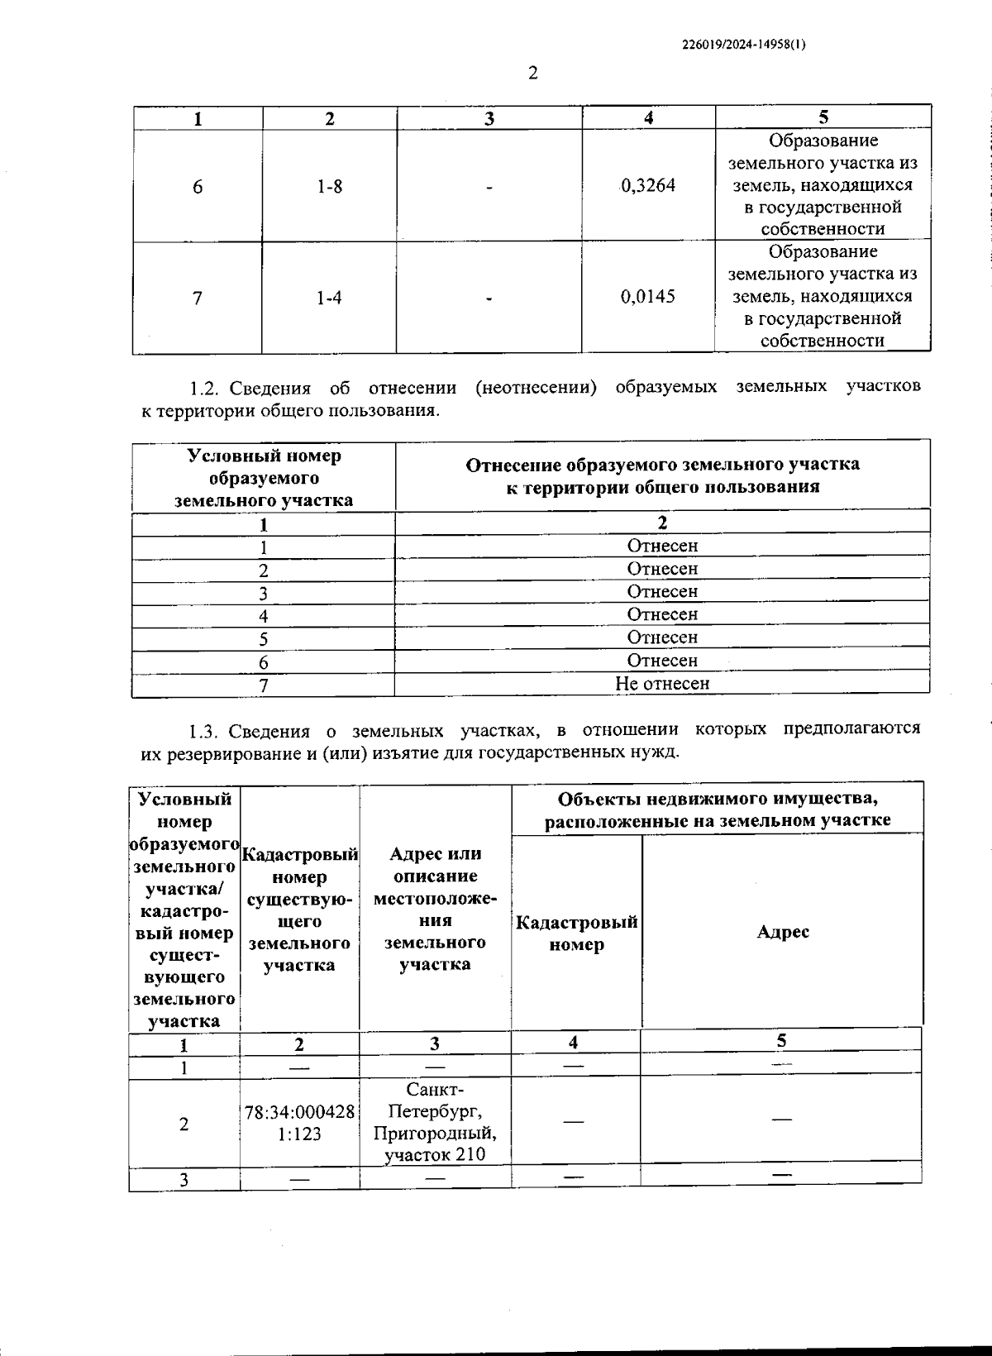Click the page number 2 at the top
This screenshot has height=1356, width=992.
tap(532, 74)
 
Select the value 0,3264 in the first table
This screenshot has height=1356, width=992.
tap(648, 186)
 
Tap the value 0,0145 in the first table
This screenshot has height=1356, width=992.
tap(648, 297)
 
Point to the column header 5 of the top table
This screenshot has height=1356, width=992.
tap(823, 117)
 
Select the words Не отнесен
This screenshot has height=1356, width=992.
tap(662, 684)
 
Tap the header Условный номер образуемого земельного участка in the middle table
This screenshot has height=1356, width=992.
tap(264, 478)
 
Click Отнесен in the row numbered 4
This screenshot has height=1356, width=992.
tap(662, 614)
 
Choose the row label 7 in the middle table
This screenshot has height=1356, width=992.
tap(264, 685)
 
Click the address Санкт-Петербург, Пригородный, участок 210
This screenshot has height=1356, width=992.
tap(435, 1122)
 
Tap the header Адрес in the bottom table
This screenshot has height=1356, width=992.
tap(782, 932)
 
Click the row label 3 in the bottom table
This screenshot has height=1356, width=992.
tap(184, 1180)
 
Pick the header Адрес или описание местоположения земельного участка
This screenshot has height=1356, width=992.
tap(435, 909)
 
